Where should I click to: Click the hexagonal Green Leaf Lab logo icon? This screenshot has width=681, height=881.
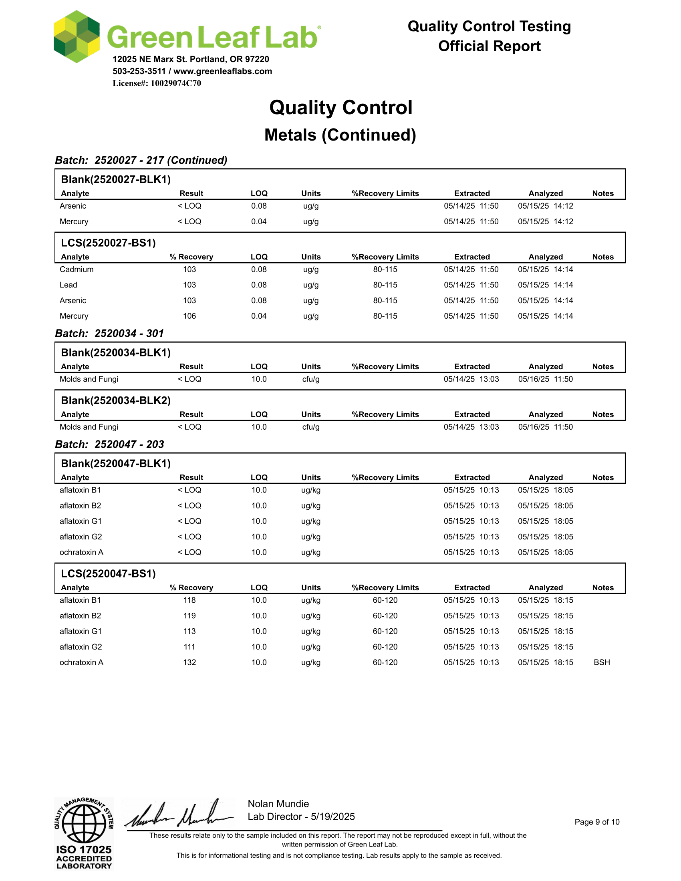(x=77, y=37)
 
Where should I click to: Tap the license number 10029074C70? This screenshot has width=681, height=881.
(x=175, y=83)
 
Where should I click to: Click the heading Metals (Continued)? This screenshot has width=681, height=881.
(x=340, y=135)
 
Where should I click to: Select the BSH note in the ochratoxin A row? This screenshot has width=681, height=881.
(x=602, y=662)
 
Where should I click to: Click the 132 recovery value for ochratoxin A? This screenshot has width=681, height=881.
(x=189, y=662)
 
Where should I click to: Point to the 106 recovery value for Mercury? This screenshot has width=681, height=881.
(x=189, y=316)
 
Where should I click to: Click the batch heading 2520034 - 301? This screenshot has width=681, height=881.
(x=109, y=333)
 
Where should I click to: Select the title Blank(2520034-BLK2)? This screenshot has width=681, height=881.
(x=116, y=400)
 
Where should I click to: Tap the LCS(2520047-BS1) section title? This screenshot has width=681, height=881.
(x=108, y=573)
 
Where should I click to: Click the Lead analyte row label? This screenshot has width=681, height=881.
(x=68, y=285)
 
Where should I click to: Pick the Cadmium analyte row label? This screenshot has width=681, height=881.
(x=76, y=269)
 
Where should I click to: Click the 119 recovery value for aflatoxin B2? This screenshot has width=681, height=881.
(x=189, y=615)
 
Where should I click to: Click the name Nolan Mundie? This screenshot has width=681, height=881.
(x=278, y=804)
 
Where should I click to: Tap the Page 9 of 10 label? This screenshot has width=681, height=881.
(x=597, y=822)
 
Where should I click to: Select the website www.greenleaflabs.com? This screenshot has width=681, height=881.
(x=223, y=71)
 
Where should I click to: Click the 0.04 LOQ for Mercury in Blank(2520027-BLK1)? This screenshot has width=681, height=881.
(x=259, y=221)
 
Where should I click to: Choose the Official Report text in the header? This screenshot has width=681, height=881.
(x=489, y=46)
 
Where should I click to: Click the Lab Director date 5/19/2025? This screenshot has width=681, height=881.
(x=333, y=817)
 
